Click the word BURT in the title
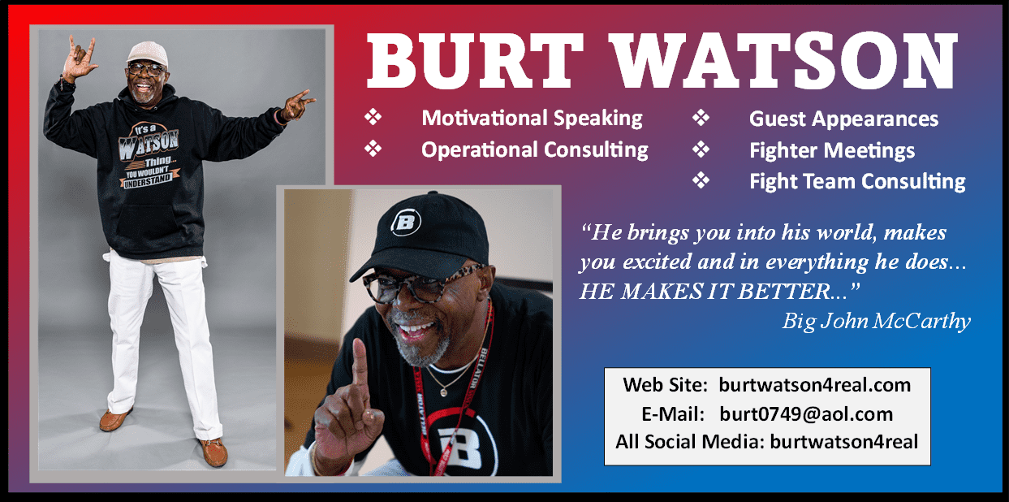[475, 61]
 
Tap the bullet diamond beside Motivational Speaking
[373, 117]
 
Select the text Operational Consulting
[535, 150]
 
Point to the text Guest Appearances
[843, 119]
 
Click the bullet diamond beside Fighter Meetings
[701, 149]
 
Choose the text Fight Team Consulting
[858, 182]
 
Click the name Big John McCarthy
[876, 322]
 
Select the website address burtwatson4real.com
[814, 385]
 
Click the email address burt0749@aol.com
[806, 413]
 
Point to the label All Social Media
[690, 442]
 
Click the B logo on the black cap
[406, 221]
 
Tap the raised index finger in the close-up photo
[360, 361]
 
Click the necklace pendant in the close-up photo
[444, 392]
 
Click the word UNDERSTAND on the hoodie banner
[148, 180]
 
